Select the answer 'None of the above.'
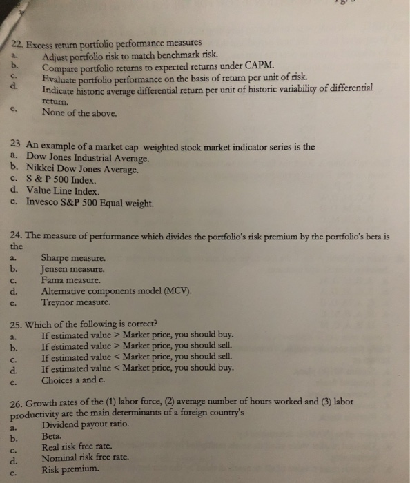click(x=79, y=112)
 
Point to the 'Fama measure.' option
click(x=71, y=281)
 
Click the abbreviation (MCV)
click(x=175, y=292)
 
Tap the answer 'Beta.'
click(x=52, y=436)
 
